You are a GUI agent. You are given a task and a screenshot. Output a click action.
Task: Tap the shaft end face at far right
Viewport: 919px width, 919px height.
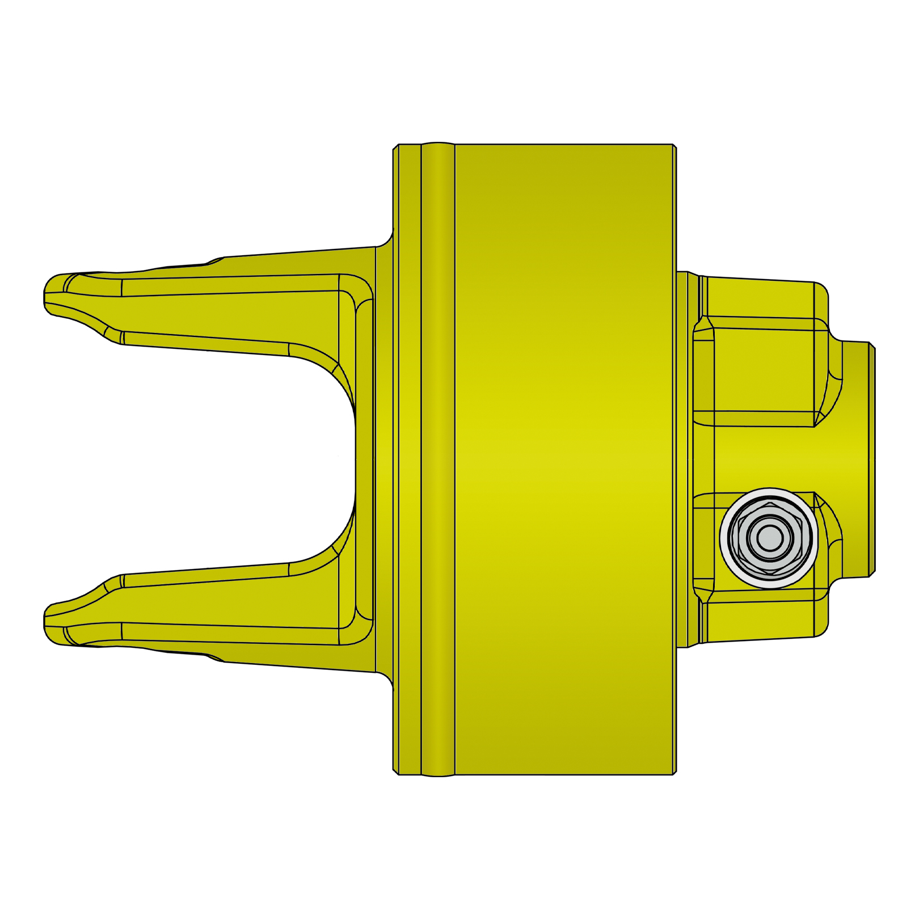(x=872, y=459)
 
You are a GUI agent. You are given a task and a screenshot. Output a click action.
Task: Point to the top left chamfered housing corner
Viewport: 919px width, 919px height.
(x=395, y=147)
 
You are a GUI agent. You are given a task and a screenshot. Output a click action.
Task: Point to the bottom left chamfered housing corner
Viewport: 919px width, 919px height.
(x=395, y=772)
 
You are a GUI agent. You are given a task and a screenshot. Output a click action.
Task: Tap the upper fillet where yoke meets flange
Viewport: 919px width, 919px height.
(x=386, y=241)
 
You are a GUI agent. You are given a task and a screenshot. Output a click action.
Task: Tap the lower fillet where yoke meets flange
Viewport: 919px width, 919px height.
(x=386, y=678)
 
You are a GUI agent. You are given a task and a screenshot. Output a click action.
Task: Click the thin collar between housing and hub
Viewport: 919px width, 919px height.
(x=682, y=459)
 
